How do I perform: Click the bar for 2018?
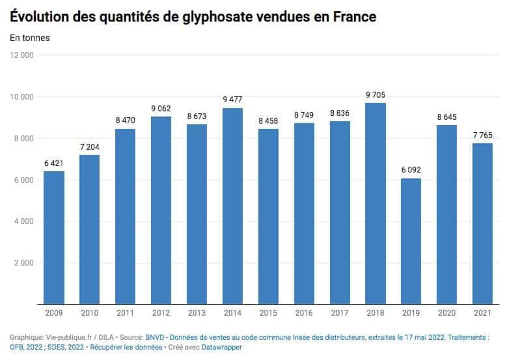pos(375,203)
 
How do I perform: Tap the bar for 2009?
pos(54,238)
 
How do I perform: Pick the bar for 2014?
pos(232,206)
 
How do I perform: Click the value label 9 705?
pos(375,94)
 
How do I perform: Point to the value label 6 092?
pos(411,170)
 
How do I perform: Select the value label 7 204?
pos(90,146)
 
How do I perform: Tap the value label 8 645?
pos(447,117)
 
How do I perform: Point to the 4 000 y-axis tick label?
pos(23,221)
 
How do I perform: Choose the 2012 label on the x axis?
pos(161,313)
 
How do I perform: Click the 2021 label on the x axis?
pos(482,313)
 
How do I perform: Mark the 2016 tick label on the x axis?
pos(304,313)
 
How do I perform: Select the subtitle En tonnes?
pos(30,38)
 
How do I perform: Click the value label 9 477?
pos(232,100)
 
